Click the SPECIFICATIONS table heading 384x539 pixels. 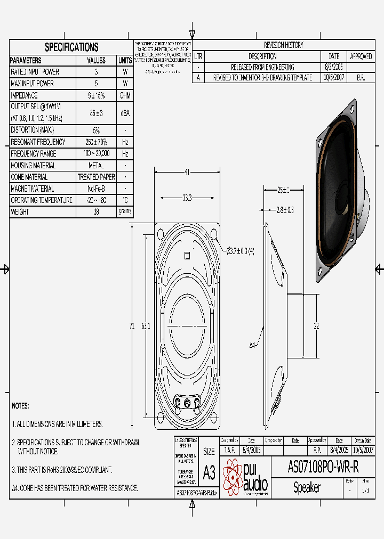(71, 47)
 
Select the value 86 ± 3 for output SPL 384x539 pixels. (96, 113)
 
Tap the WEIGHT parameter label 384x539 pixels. (20, 212)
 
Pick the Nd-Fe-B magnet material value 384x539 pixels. (96, 189)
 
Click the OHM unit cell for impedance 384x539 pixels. (125, 96)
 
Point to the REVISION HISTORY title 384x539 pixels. (283, 45)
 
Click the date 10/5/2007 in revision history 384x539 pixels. (333, 78)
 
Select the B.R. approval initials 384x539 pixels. (361, 78)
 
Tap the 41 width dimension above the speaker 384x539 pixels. (187, 171)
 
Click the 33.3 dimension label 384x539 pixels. (187, 198)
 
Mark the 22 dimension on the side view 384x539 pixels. (316, 326)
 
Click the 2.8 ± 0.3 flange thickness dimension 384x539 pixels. (285, 210)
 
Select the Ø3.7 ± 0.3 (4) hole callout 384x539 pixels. (240, 251)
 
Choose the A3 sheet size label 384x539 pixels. (209, 472)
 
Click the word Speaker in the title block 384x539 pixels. (307, 488)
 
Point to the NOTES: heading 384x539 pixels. (20, 406)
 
